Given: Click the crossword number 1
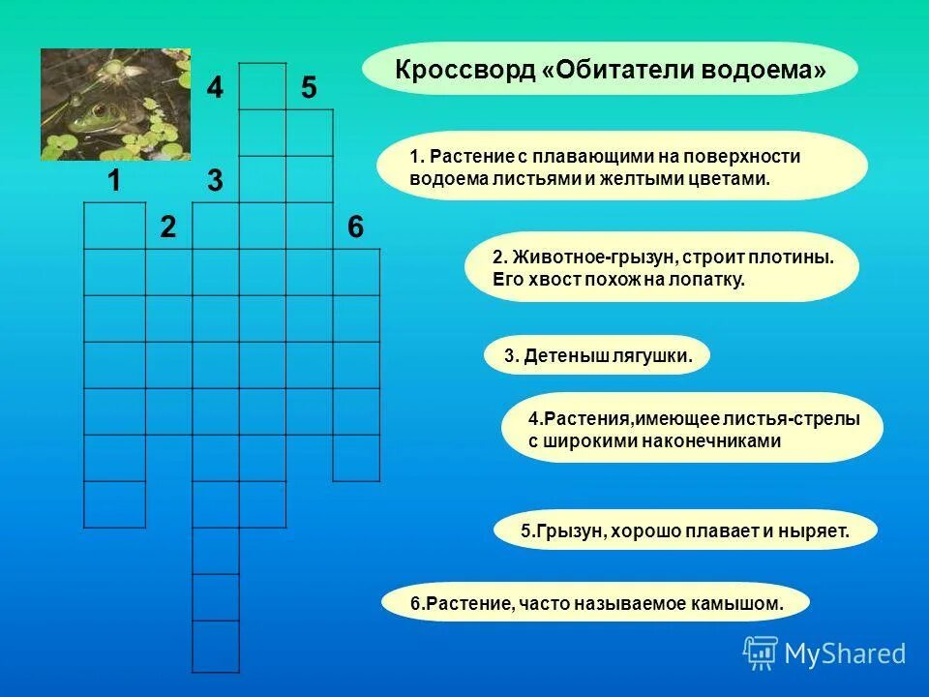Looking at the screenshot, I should click(114, 180).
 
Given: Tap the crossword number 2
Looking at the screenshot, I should click(168, 227).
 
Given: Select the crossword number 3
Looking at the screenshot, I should click(215, 180).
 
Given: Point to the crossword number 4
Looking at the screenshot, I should click(215, 88).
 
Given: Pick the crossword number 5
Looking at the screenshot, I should click(308, 88).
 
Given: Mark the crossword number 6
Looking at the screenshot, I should click(355, 227).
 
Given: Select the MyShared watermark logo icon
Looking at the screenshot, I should click(761, 653).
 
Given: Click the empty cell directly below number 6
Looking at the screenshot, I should click(356, 272).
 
